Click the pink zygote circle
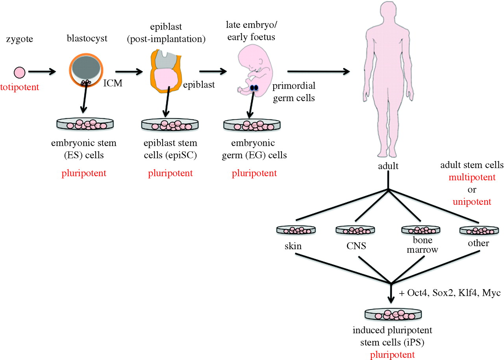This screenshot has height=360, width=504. click(x=19, y=72)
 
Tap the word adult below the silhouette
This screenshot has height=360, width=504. click(x=388, y=166)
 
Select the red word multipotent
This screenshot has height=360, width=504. click(x=472, y=177)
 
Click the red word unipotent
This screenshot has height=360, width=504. click(x=472, y=202)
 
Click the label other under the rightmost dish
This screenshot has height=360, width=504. click(x=478, y=243)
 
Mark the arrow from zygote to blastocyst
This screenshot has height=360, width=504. click(x=43, y=72)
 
